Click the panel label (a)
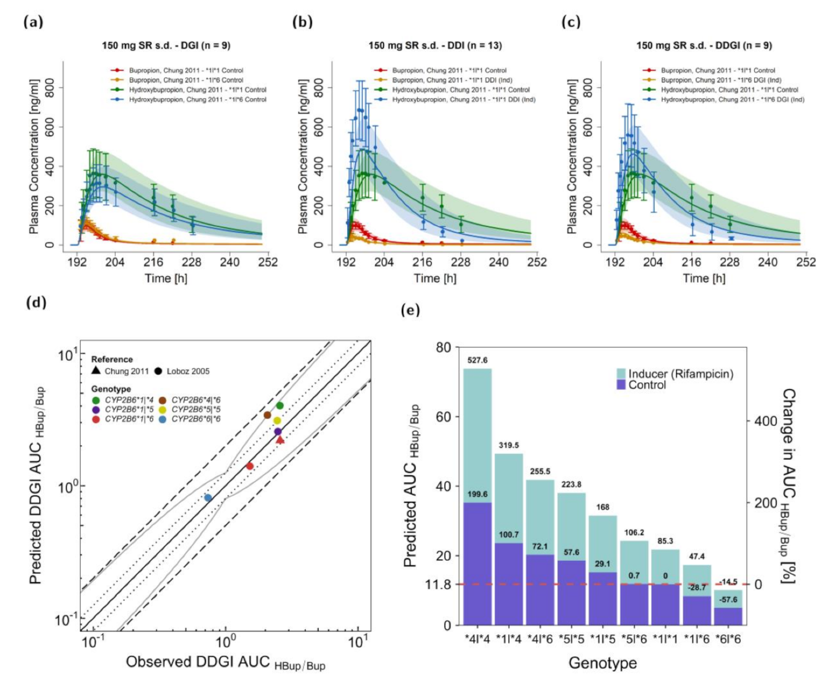33,23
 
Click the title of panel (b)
434,45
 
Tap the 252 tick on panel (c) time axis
805,262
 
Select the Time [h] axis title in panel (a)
166,278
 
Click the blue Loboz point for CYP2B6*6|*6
208,498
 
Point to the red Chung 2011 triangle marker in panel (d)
280,439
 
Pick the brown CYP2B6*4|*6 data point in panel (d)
267,415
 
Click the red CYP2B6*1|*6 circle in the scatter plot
250,466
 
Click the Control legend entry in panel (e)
647,385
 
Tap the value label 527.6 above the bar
477,360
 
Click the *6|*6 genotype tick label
729,639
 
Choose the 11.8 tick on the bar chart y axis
438,584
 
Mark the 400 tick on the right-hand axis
765,421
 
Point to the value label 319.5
509,445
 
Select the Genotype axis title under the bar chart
602,663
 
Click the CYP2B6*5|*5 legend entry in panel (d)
196,409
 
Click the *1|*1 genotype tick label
665,639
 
